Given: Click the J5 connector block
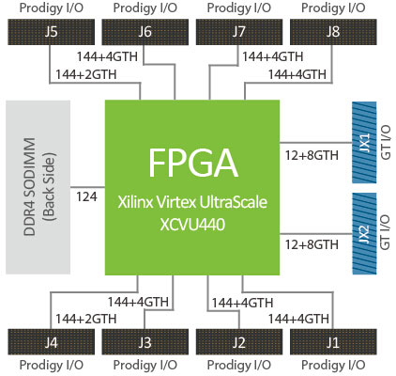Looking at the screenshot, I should coord(53,33).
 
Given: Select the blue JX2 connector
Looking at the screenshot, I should coord(364,232).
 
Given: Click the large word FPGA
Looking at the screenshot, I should coord(191,165).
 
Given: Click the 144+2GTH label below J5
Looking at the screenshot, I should coord(86,73).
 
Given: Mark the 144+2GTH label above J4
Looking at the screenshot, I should coord(86,318).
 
